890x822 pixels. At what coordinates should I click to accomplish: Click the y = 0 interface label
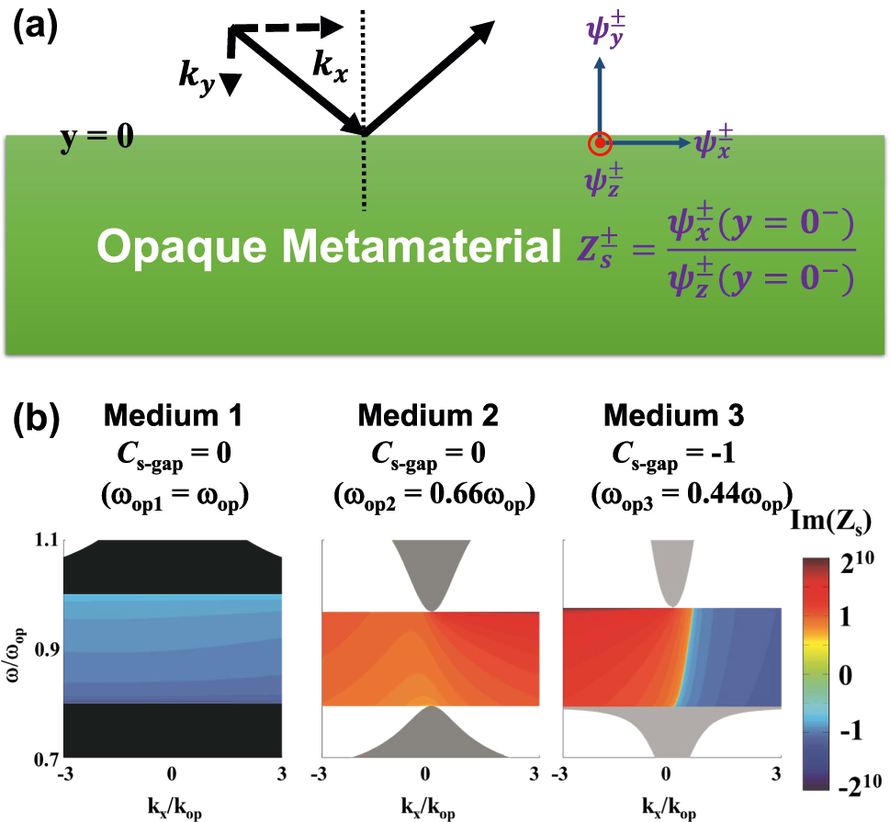coord(96,139)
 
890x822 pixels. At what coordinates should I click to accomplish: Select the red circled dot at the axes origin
coord(600,142)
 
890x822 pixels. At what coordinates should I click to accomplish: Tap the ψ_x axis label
coord(713,143)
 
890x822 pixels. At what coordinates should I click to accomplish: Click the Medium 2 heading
coord(429,416)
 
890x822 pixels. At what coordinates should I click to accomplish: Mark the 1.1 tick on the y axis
coord(42,542)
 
